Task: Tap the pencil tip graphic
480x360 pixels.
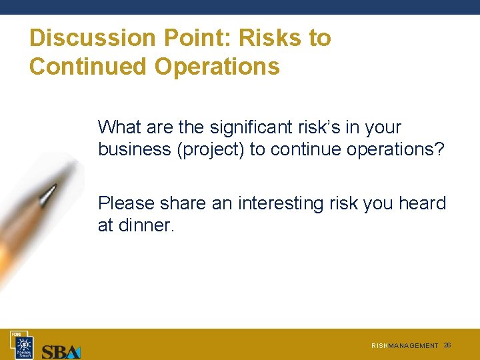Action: click(x=47, y=195)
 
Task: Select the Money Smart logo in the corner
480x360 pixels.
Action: click(x=25, y=345)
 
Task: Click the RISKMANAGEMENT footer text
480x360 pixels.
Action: click(x=405, y=346)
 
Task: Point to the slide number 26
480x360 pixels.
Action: click(x=447, y=345)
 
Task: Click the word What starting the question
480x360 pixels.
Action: click(x=119, y=127)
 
